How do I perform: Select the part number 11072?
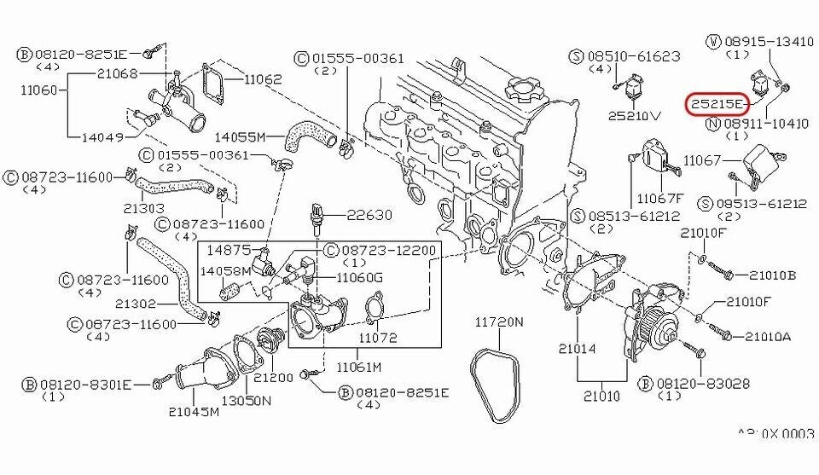(x=377, y=339)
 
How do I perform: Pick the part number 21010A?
(x=770, y=337)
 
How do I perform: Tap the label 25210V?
(x=635, y=114)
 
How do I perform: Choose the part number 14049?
(x=103, y=136)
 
